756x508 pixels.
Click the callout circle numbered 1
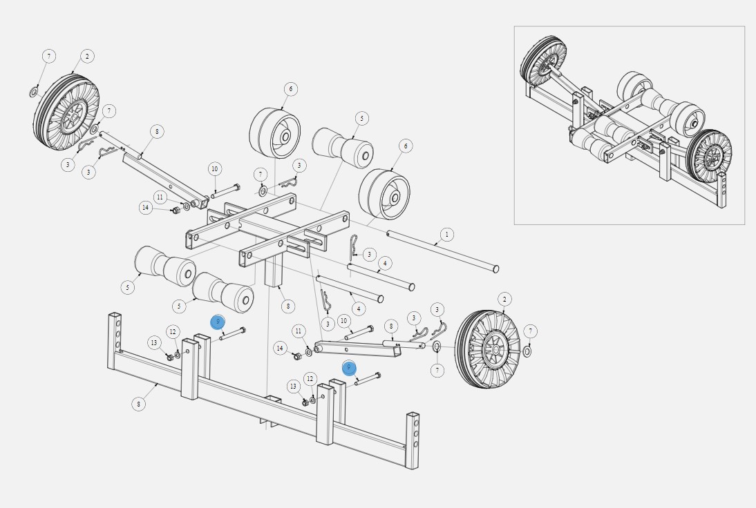point(446,235)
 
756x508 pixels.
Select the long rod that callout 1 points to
point(442,251)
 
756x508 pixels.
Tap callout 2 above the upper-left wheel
point(86,56)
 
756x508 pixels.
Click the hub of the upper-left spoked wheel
point(72,118)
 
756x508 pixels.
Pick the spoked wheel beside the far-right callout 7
point(488,349)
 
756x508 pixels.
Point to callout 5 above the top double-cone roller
point(361,119)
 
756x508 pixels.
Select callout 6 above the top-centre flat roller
point(291,89)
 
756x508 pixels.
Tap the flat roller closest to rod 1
point(384,193)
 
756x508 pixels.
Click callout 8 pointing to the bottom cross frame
point(139,404)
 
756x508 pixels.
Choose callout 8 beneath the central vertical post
point(287,306)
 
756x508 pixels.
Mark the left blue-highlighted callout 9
point(218,322)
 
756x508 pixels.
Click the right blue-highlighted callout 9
point(349,368)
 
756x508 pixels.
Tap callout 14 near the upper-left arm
point(145,207)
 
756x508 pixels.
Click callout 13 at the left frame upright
point(154,343)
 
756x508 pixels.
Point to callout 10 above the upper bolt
point(214,169)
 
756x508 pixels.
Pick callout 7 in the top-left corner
point(48,56)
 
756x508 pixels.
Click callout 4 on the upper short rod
point(385,263)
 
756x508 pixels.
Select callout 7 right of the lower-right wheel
point(530,331)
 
